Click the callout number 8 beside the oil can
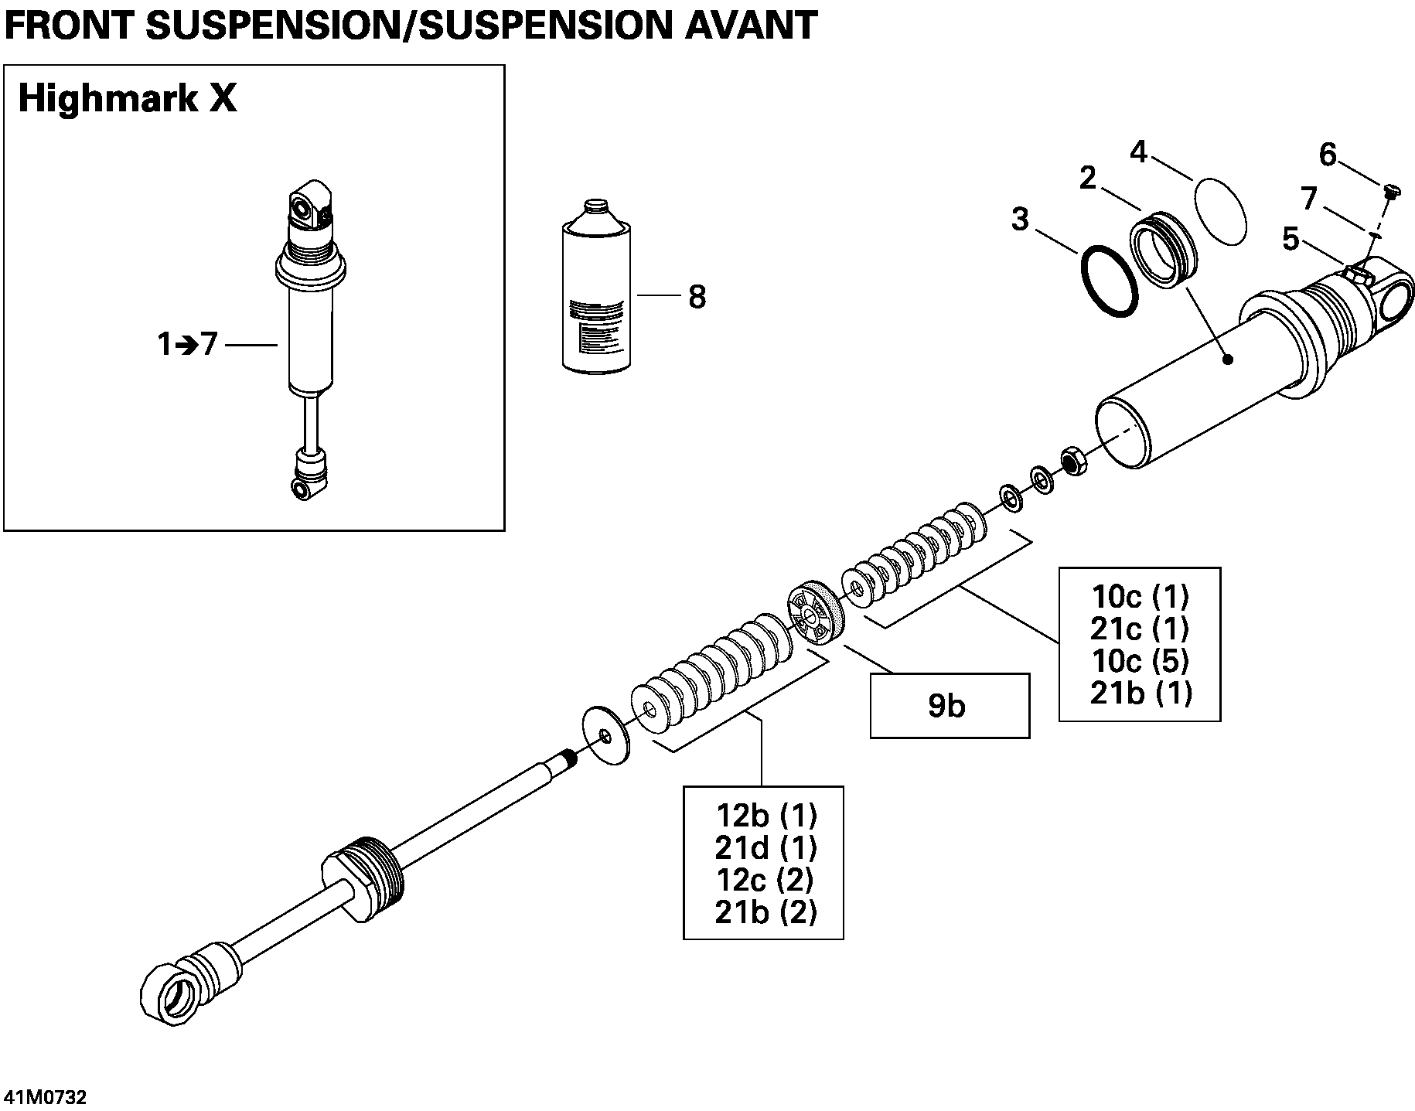[x=697, y=297]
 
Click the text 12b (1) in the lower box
[x=766, y=816]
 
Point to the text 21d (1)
[x=765, y=848]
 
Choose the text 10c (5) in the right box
[x=1140, y=661]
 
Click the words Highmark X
[x=128, y=101]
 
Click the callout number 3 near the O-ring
[x=1020, y=220]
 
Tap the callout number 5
[x=1291, y=240]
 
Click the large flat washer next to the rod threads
[x=605, y=735]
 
